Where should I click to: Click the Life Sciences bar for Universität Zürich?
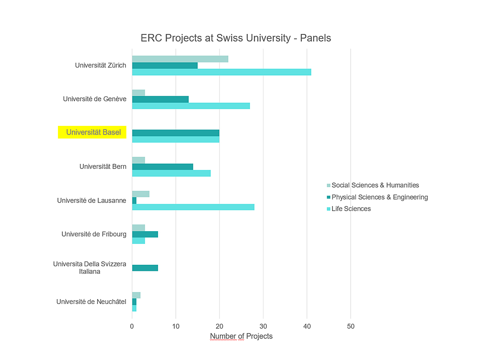tap(221, 72)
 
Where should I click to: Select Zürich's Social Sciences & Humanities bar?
tap(180, 59)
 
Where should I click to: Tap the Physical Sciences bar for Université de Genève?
tap(160, 99)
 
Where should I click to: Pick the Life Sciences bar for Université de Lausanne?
tap(193, 207)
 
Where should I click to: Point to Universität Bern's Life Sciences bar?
tap(171, 173)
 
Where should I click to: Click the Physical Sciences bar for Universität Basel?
tap(175, 133)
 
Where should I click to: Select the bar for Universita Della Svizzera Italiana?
tap(145, 268)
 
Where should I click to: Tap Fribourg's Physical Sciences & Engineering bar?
tap(145, 234)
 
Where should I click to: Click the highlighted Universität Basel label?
tap(93, 132)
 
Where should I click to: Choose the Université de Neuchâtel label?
tap(91, 302)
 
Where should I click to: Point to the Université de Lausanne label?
tap(91, 200)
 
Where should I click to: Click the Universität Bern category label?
tap(103, 167)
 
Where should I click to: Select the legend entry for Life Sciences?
tap(351, 209)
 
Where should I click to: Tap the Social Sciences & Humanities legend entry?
tap(375, 185)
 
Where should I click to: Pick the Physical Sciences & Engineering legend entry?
tap(379, 197)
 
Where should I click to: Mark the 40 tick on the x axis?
tap(307, 326)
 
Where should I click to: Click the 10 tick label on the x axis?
tap(176, 326)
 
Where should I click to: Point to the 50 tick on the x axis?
tap(351, 326)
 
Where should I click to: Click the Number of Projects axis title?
tap(241, 336)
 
